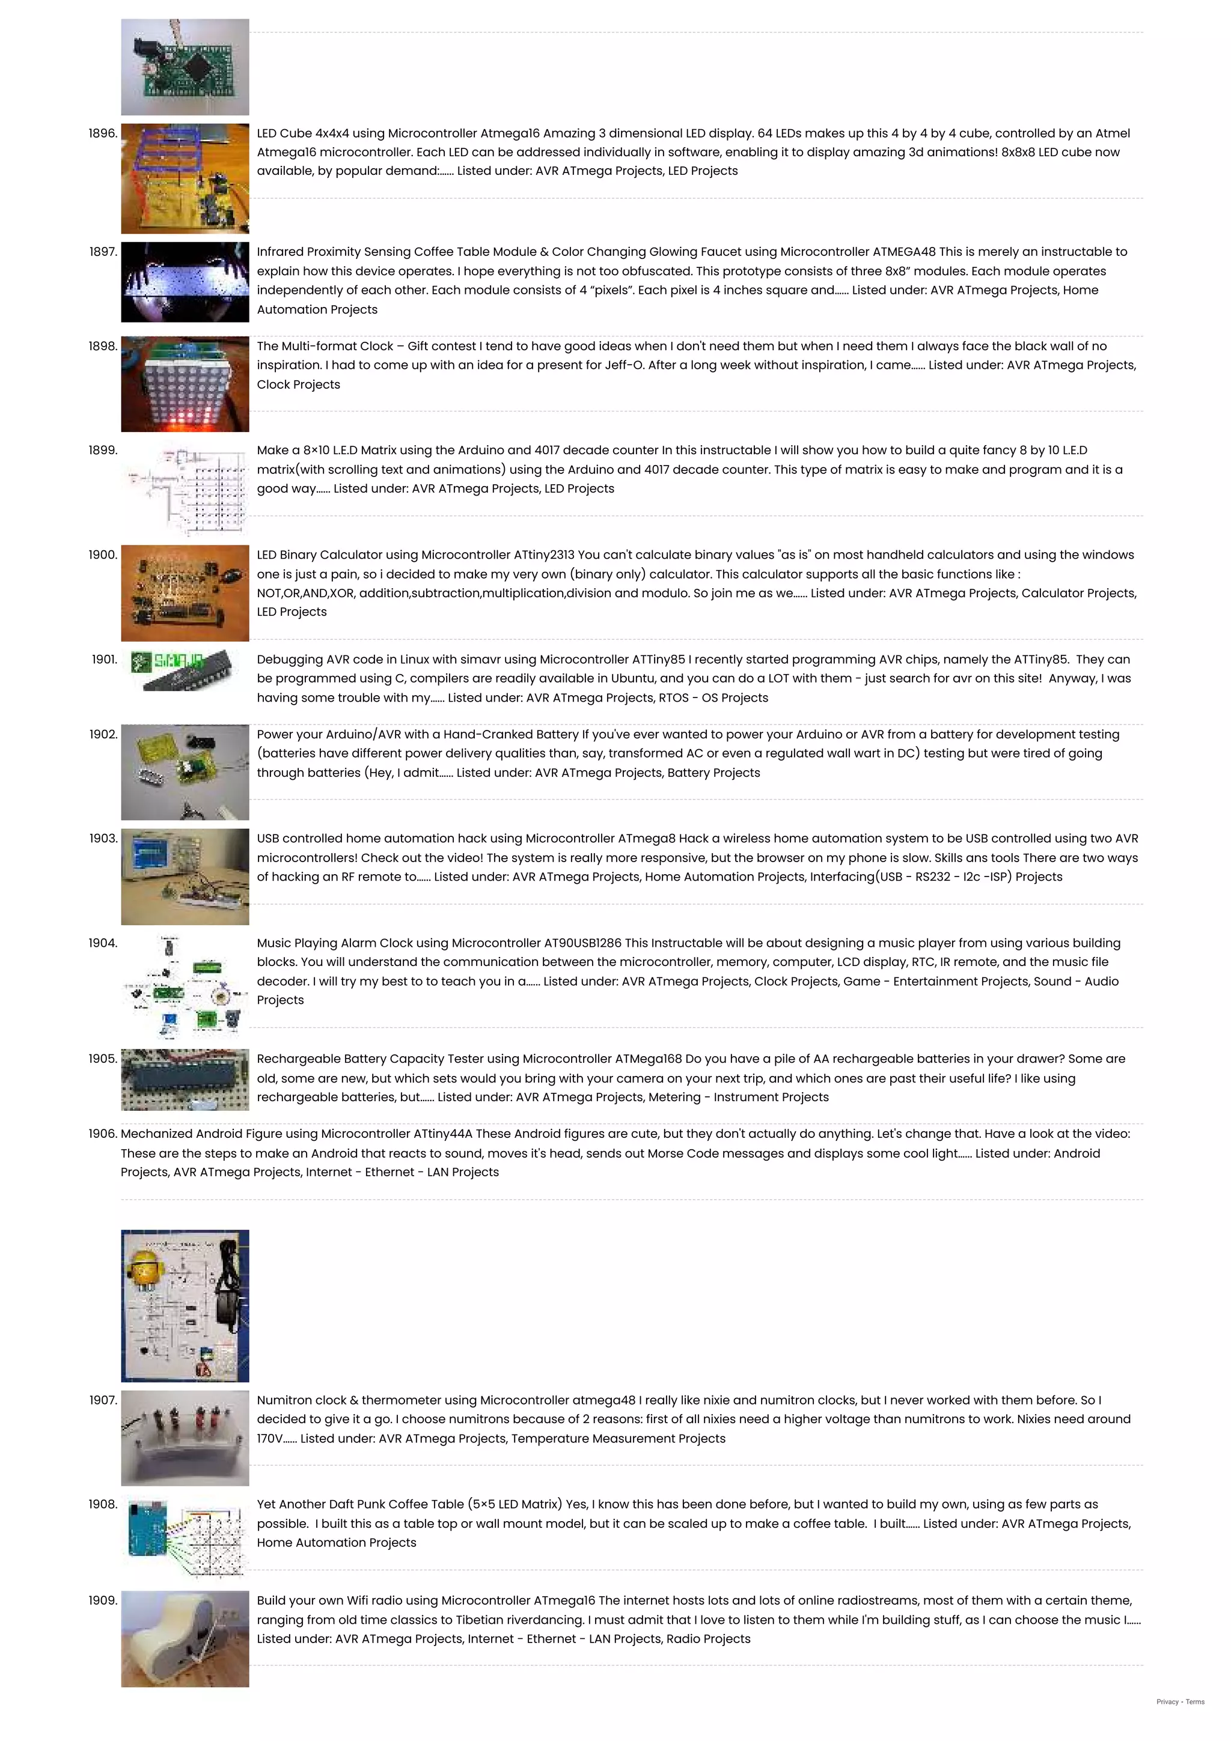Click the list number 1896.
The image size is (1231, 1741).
[102, 133]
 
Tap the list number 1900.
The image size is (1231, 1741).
[102, 555]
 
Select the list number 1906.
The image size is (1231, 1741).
[102, 1134]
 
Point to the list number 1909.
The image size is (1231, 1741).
[102, 1600]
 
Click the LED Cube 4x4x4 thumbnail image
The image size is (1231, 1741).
[185, 178]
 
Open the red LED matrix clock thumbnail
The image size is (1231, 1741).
[185, 384]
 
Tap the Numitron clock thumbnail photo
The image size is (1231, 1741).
[185, 1438]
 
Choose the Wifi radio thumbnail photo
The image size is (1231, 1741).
[185, 1639]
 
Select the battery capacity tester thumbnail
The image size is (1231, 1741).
[185, 1079]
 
